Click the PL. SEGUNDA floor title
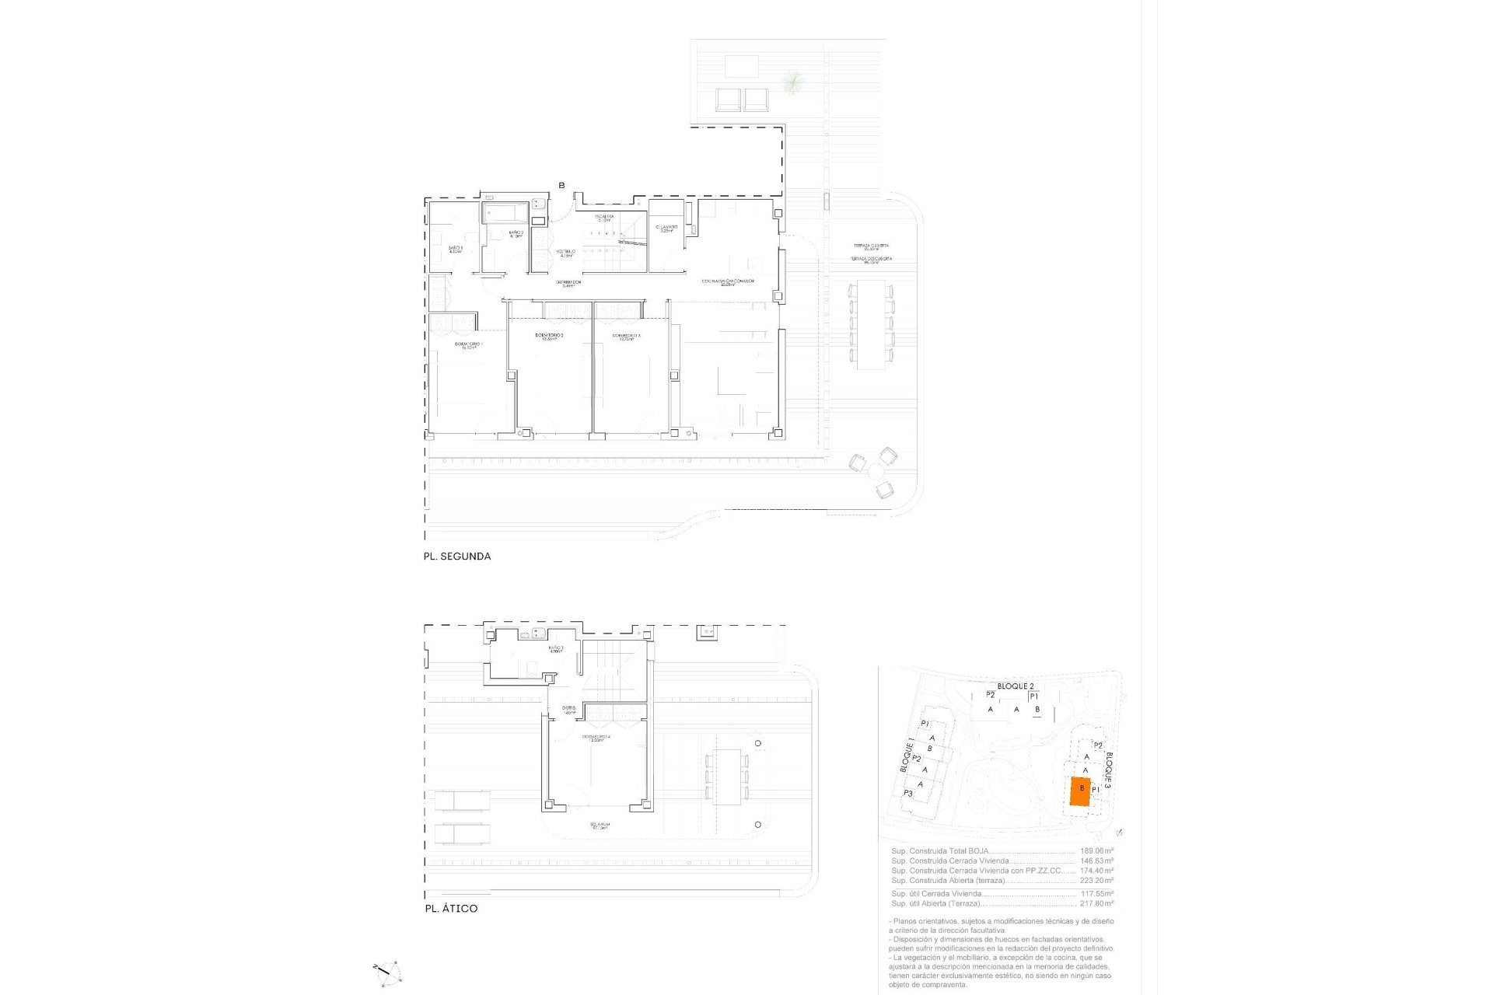click(x=456, y=557)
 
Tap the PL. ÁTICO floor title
click(x=451, y=909)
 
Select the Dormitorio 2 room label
click(x=549, y=336)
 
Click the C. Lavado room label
click(x=666, y=229)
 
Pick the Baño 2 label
click(x=516, y=233)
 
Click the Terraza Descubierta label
click(x=870, y=260)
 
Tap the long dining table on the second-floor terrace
click(x=871, y=324)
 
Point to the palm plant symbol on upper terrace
click(x=792, y=81)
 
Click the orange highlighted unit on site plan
click(x=1079, y=791)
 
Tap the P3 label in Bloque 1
click(x=908, y=794)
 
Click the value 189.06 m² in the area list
click(x=1096, y=851)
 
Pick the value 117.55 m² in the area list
click(x=1096, y=894)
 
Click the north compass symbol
click(x=386, y=970)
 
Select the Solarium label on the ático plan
click(x=600, y=826)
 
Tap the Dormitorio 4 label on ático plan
click(x=596, y=738)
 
